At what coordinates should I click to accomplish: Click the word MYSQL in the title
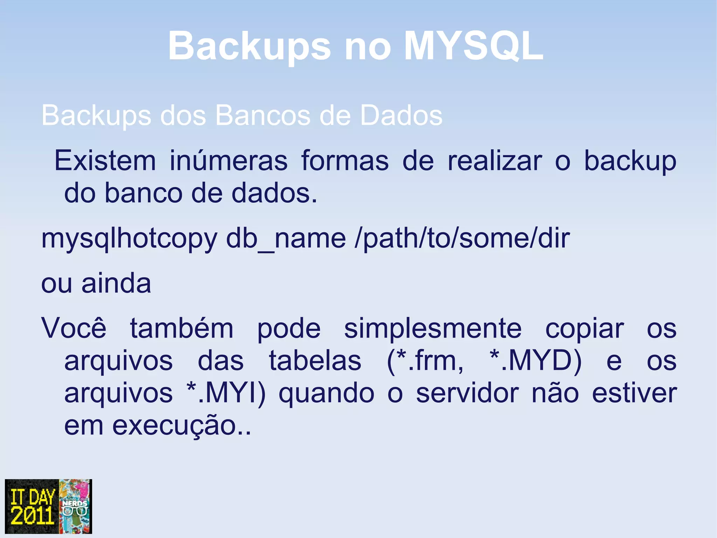point(473,46)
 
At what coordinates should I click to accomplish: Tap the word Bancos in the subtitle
point(263,115)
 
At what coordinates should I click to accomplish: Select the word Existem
point(105,161)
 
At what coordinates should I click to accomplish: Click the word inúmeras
point(229,161)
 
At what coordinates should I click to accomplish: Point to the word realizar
point(495,161)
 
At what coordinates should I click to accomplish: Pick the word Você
point(74,328)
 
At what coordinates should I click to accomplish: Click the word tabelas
point(315,361)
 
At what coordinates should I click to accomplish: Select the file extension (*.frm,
point(425,361)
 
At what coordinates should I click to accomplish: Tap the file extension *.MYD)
point(535,361)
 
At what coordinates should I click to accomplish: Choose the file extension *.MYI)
point(226,394)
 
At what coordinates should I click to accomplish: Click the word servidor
point(467,393)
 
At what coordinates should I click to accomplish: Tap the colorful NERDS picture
point(75,506)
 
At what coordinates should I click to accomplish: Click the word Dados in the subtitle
point(401,115)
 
